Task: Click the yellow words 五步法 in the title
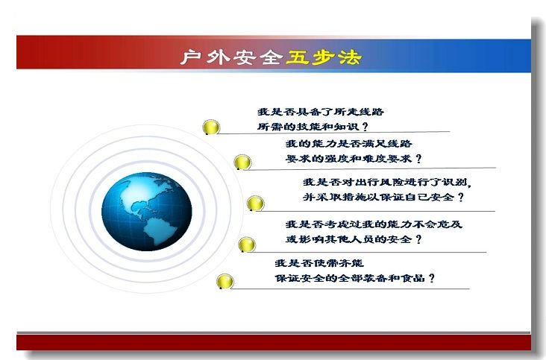[x=323, y=57]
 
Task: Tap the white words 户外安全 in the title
[x=231, y=57]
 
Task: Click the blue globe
[x=147, y=212]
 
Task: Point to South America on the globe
[x=161, y=230]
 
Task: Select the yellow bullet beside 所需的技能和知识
[x=211, y=127]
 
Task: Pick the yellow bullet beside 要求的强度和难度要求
[x=242, y=162]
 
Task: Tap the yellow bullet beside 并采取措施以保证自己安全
[x=255, y=203]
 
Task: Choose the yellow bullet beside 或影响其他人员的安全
[x=247, y=244]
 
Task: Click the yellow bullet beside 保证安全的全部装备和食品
[x=225, y=281]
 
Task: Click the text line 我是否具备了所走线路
[x=321, y=112]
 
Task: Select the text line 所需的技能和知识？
[x=313, y=127]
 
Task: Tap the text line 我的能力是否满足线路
[x=349, y=143]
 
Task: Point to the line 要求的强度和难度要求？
[x=354, y=159]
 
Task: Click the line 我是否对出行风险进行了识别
[x=387, y=182]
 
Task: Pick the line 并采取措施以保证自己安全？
[x=383, y=198]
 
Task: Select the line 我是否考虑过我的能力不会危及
[x=374, y=224]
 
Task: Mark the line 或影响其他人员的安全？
[x=354, y=239]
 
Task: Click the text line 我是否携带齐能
[x=319, y=263]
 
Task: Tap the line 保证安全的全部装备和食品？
[x=355, y=278]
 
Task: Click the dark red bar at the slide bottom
[x=274, y=342]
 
